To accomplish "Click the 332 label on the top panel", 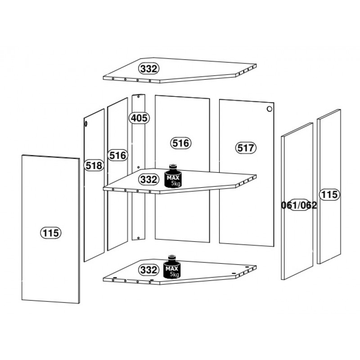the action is coord(148,69).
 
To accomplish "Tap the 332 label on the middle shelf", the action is coord(148,179).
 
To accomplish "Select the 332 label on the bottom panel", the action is coord(148,270).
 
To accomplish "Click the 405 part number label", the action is coord(139,118).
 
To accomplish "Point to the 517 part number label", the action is coord(245,148).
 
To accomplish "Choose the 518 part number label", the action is coord(94,165).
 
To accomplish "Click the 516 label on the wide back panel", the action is coord(181,143).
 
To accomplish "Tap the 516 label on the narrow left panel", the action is coord(117,155).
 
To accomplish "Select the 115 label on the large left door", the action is coord(51,233).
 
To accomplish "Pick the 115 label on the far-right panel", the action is coord(329,194).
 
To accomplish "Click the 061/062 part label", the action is coord(299,205).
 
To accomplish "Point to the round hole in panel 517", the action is coord(269,109).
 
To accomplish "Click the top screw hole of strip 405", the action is coord(139,97).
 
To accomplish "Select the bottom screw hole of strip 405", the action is coord(138,238).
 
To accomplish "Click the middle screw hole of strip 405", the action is coord(138,167).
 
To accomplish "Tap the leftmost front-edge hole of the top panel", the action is coord(113,78).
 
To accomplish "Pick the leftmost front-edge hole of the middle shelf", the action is coord(113,189).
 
